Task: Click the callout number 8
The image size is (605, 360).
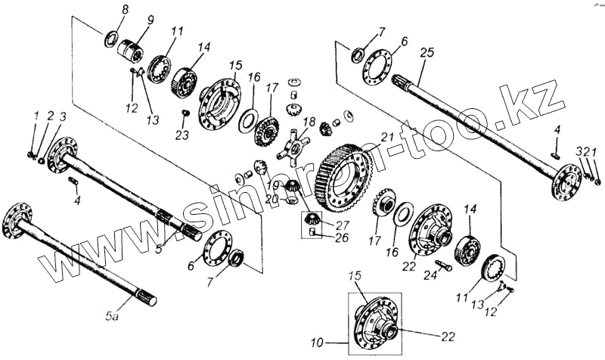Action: (126, 9)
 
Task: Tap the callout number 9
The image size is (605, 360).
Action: (150, 20)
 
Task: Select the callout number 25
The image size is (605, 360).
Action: (427, 52)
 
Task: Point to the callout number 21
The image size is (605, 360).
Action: (389, 137)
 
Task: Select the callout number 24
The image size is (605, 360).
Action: (432, 277)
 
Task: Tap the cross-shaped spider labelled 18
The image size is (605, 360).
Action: (292, 145)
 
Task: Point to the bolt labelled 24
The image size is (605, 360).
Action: (442, 265)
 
